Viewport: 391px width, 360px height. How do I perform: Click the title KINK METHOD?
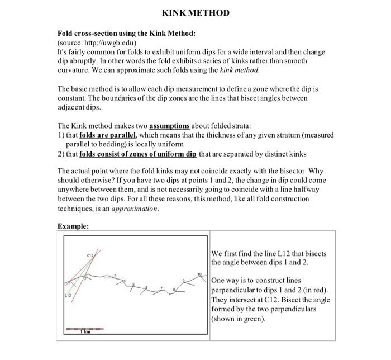[x=195, y=13]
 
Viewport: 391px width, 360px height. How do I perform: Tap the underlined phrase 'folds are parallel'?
[x=108, y=135]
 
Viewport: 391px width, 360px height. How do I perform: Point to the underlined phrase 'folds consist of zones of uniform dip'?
[x=138, y=153]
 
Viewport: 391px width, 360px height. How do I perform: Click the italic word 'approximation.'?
[x=136, y=208]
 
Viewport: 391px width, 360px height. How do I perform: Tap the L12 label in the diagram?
[x=67, y=295]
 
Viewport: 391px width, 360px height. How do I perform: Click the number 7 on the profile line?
[x=161, y=288]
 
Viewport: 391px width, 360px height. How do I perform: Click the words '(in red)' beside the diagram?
[x=313, y=290]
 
